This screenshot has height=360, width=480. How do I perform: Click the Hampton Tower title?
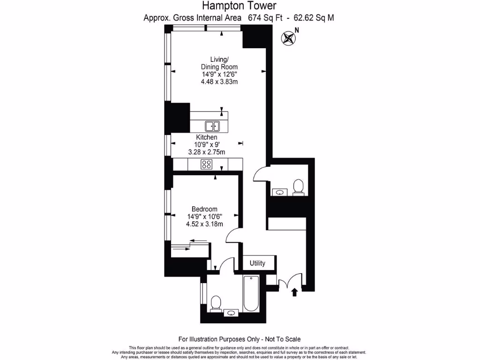[240, 5]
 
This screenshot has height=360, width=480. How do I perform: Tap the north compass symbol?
[288, 38]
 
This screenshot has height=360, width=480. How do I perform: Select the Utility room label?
[257, 263]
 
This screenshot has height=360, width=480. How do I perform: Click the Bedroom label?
[204, 209]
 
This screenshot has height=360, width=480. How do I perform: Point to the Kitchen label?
[207, 137]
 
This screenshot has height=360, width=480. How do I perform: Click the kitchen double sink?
[212, 126]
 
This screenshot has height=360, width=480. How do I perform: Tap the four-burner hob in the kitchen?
[206, 165]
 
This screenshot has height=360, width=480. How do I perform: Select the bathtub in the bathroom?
[251, 293]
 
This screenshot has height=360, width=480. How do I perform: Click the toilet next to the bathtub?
[216, 303]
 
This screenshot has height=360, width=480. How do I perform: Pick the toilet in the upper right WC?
[298, 187]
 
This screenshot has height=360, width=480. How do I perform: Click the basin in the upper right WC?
[280, 192]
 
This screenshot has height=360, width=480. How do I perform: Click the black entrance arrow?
[294, 292]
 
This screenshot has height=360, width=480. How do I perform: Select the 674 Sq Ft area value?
[265, 18]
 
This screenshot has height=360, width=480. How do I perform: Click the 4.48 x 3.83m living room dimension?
[219, 82]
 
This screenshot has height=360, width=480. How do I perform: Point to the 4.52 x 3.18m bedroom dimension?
[204, 224]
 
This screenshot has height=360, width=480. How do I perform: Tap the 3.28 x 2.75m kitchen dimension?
[207, 152]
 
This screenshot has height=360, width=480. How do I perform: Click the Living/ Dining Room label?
[219, 63]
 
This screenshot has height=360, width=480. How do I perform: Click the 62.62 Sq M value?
[314, 18]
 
